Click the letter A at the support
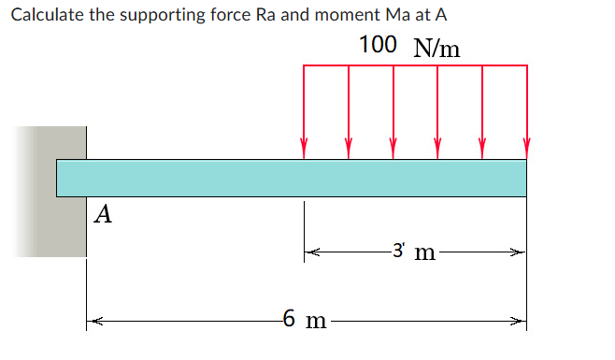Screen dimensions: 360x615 click(104, 215)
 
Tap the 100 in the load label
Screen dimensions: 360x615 click(377, 45)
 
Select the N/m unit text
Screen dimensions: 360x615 click(435, 47)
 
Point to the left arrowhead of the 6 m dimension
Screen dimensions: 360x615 click(92, 323)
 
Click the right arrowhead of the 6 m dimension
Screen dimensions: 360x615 click(521, 323)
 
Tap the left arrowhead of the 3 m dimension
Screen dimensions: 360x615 click(309, 252)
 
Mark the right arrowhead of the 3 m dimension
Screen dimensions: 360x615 click(521, 252)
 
